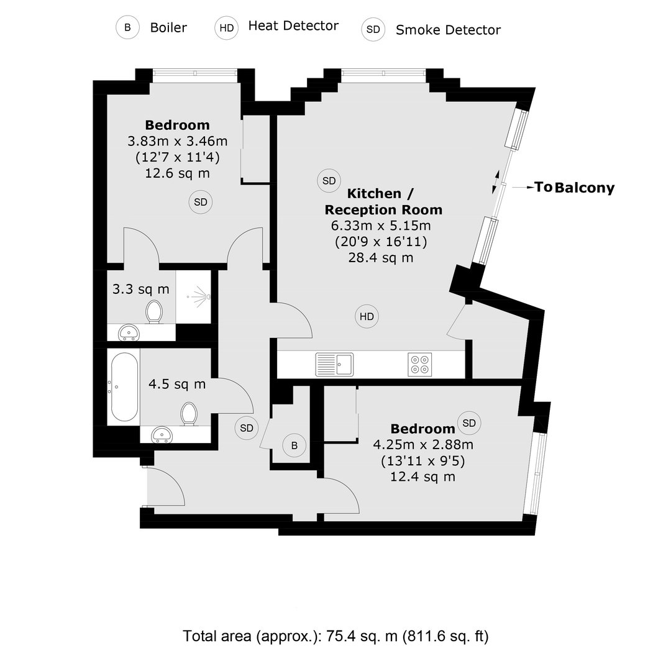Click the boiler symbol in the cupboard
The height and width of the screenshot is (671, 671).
pyautogui.click(x=294, y=445)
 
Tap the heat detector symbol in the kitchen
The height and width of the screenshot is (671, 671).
pyautogui.click(x=367, y=316)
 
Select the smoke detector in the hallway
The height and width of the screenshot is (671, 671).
pyautogui.click(x=247, y=428)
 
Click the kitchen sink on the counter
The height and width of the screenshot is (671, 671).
pyautogui.click(x=335, y=364)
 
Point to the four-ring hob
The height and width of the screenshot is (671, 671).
pyautogui.click(x=420, y=364)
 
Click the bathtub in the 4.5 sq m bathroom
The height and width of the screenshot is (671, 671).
pyautogui.click(x=124, y=387)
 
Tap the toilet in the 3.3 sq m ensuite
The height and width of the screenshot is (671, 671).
pyautogui.click(x=154, y=311)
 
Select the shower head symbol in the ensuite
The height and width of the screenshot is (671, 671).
pyautogui.click(x=199, y=296)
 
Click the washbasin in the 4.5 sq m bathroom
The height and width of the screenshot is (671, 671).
pyautogui.click(x=162, y=434)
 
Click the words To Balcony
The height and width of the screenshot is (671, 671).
pyautogui.click(x=574, y=188)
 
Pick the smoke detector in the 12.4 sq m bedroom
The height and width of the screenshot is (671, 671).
pyautogui.click(x=470, y=423)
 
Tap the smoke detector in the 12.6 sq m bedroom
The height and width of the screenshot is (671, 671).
pyautogui.click(x=201, y=202)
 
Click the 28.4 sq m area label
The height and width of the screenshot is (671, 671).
pyautogui.click(x=381, y=258)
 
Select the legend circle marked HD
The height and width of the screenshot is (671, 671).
pyautogui.click(x=226, y=28)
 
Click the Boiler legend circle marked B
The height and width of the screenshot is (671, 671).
pyautogui.click(x=127, y=27)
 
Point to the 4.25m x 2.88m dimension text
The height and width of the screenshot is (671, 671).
pyautogui.click(x=423, y=445)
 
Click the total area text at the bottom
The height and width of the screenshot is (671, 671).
pyautogui.click(x=335, y=636)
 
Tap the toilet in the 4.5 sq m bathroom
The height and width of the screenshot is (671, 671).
pyautogui.click(x=189, y=414)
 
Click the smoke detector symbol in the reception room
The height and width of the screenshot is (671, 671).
pyautogui.click(x=329, y=181)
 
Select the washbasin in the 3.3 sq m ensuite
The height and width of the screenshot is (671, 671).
pyautogui.click(x=129, y=332)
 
